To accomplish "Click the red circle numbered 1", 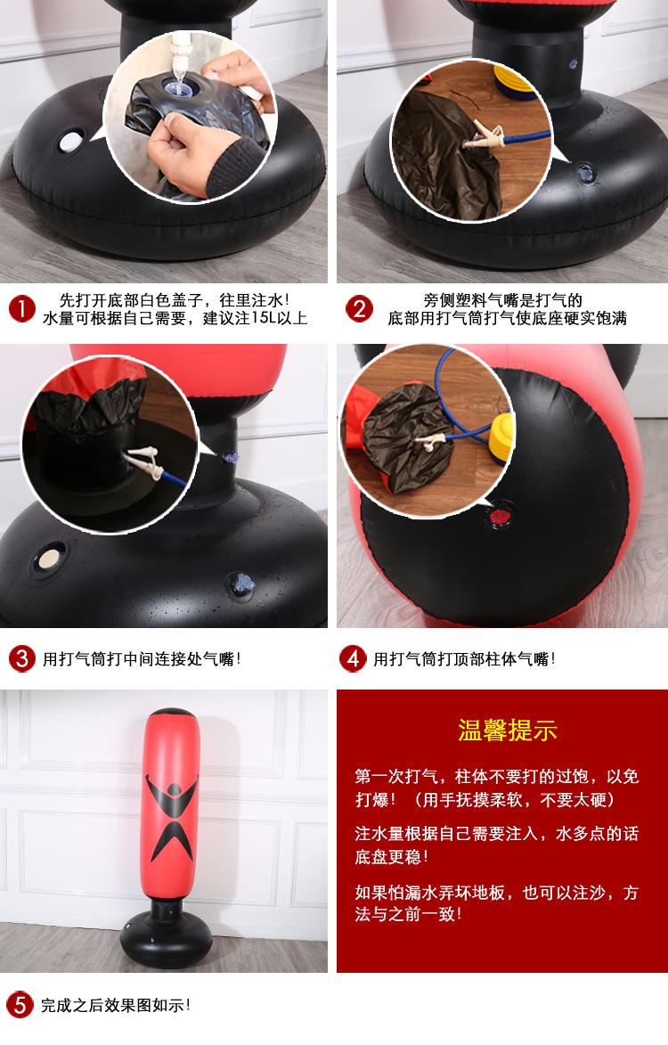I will click(21, 309).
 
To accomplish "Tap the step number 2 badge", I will click(359, 309).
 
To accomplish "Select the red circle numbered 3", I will click(21, 659).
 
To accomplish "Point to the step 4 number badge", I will click(353, 659).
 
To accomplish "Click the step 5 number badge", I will click(20, 1005).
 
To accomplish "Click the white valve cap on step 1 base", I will click(69, 141).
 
